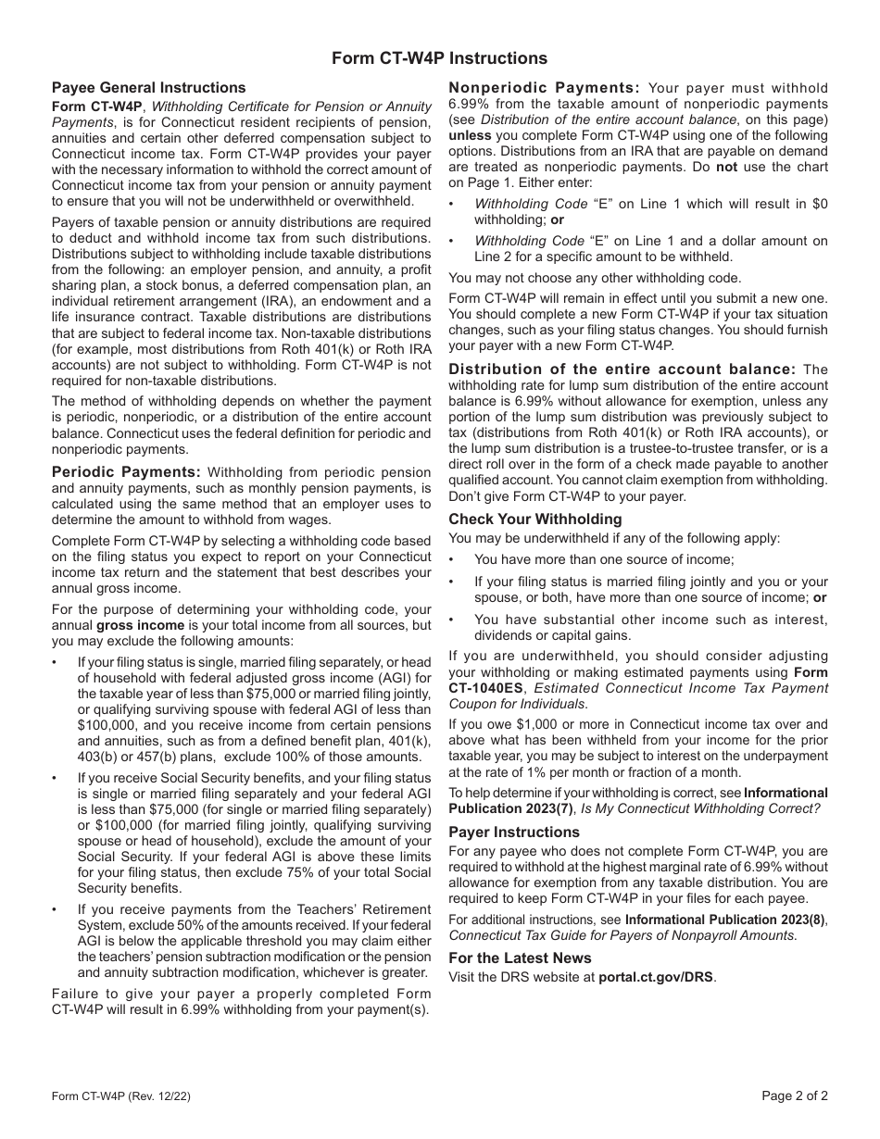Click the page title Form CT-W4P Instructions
[x=440, y=58]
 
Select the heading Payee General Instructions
[x=149, y=88]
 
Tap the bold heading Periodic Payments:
[x=126, y=471]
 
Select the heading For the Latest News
[x=520, y=958]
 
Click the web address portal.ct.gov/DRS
[x=656, y=976]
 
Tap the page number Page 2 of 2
[x=795, y=1095]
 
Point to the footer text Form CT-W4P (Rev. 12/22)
[x=121, y=1096]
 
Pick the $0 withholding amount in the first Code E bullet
[x=819, y=204]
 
